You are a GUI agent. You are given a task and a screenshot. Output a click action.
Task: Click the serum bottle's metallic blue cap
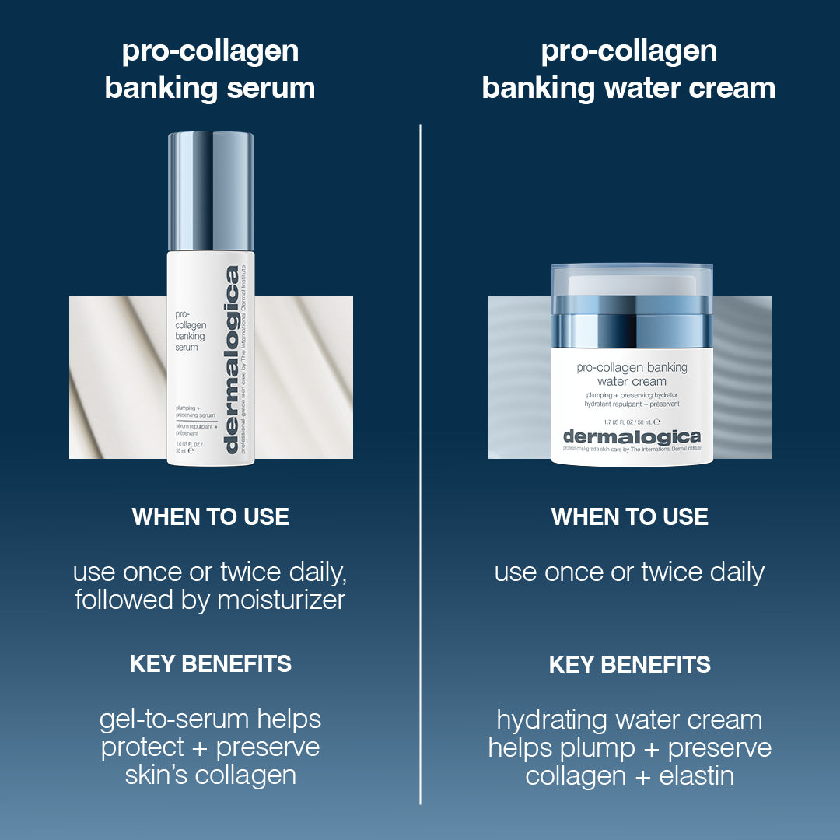(x=211, y=190)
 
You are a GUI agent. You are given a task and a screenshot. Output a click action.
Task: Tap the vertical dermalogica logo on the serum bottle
(x=232, y=359)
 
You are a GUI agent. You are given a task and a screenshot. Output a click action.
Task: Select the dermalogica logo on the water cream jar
(x=632, y=436)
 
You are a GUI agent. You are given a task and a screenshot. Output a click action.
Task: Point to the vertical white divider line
(x=420, y=467)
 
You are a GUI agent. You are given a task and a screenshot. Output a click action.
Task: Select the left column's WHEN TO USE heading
(x=210, y=517)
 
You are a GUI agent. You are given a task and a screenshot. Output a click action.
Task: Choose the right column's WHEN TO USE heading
(x=629, y=517)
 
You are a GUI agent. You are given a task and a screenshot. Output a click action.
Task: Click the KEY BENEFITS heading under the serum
(x=210, y=664)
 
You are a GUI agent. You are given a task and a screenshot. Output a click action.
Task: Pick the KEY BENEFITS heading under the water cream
(x=629, y=664)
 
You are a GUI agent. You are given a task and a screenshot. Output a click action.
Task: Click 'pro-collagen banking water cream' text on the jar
(x=632, y=374)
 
